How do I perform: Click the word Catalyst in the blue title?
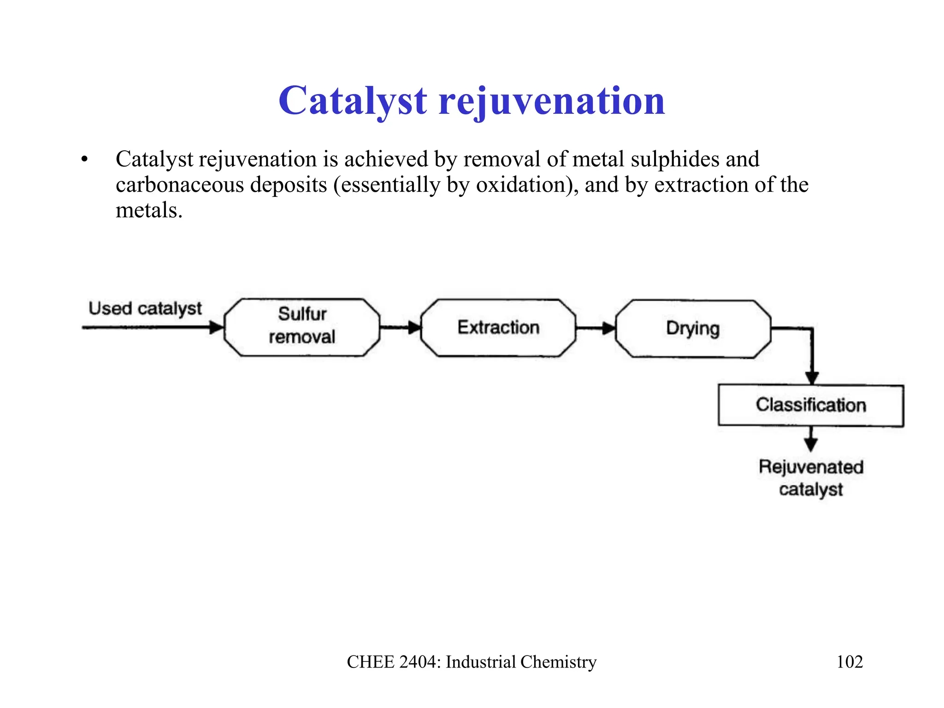[x=353, y=101]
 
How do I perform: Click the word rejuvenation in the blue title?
[x=552, y=101]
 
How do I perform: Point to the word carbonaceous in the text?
[x=180, y=185]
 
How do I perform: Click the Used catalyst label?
[x=145, y=308]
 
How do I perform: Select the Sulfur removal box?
[x=302, y=327]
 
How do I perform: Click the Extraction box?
[x=498, y=328]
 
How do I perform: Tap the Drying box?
[x=693, y=329]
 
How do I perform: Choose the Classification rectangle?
[x=811, y=405]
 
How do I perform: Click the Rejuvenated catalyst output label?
[x=811, y=478]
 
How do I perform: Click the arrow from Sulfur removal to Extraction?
[x=399, y=328]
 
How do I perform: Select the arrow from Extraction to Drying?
[x=595, y=329]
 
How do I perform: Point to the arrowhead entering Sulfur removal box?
[x=216, y=328]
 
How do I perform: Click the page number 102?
[x=850, y=662]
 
